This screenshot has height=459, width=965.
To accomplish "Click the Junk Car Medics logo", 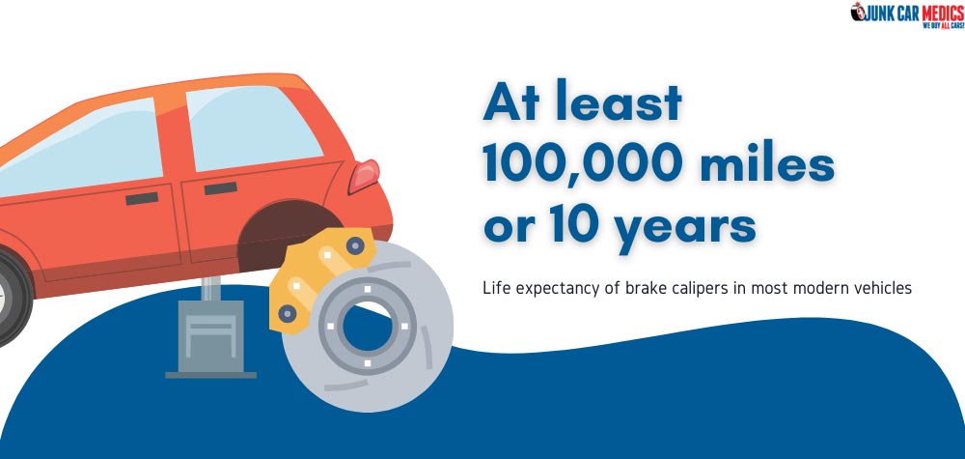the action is pos(907,14).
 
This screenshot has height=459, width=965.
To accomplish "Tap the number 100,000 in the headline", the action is pos(581,164).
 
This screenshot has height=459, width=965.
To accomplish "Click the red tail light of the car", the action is pos(364,176).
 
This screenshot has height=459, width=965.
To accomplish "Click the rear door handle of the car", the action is pos(220,188).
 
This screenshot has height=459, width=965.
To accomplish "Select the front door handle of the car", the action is pos(142,198).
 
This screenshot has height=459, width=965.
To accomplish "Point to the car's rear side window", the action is pos(251,128).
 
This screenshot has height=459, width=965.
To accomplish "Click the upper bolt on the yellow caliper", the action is pos(355,245).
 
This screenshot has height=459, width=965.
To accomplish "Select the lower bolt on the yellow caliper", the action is pos(287,314).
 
